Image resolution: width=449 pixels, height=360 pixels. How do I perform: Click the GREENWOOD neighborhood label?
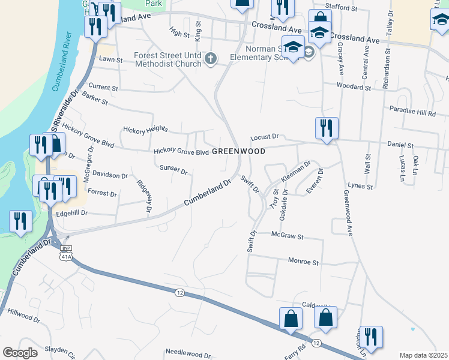pos(238,152)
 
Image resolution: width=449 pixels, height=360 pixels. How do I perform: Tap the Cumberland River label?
pos(61,63)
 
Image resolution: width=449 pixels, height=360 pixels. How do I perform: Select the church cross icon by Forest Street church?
pos(210,59)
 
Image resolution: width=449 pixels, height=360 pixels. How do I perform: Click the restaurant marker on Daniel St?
pos(327,129)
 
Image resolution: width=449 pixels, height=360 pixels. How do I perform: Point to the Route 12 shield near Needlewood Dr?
pos(179,292)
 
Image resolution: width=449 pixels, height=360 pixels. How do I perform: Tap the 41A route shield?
pos(66,256)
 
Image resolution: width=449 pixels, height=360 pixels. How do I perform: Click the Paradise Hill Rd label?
pos(411,112)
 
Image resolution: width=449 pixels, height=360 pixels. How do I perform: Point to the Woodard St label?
pos(354,87)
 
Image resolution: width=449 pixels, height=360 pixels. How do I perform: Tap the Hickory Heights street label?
pos(144,129)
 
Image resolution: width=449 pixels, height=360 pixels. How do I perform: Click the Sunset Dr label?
pos(173,169)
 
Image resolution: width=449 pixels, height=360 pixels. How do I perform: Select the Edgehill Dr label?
pos(71,213)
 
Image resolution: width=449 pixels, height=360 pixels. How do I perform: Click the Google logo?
pos(20,353)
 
